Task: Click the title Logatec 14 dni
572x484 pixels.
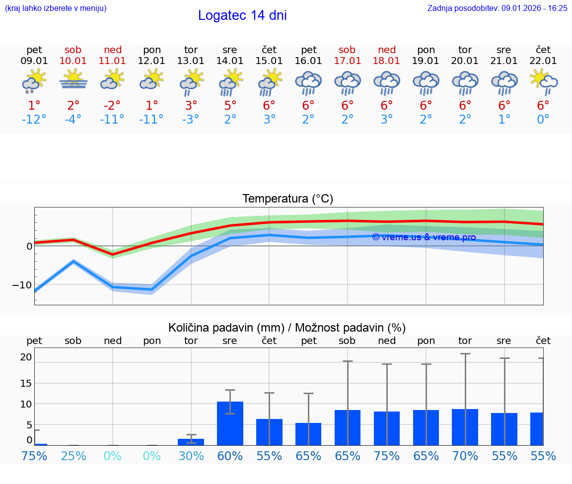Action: coord(242,15)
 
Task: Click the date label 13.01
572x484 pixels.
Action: coord(191,61)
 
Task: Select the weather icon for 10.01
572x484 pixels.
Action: coord(73,79)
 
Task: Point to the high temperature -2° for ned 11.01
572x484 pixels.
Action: coord(112,105)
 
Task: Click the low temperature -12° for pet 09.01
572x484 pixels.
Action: coord(34,120)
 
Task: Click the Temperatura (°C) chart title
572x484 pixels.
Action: coord(287,199)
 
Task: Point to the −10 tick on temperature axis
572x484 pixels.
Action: coord(22,285)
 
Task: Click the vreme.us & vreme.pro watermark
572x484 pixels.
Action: coord(424,237)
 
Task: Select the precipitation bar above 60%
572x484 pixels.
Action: coord(230,423)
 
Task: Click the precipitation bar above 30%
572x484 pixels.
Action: coord(191,442)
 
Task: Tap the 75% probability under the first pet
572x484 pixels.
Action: coord(34,456)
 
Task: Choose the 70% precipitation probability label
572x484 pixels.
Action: coord(465,456)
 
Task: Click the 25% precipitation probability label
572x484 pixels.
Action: coord(73,456)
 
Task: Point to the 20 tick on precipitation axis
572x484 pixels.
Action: coord(26,357)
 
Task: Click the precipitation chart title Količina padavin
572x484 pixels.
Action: coord(287,328)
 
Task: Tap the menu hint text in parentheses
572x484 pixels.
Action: coord(56,8)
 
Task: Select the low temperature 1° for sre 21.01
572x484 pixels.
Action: coord(504,120)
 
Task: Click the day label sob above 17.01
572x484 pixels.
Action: coord(347,50)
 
